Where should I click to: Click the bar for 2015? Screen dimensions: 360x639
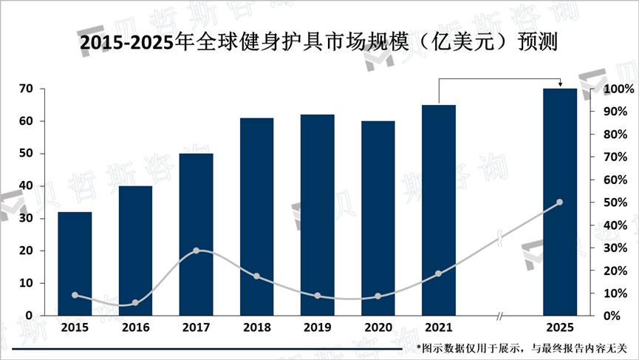[x=75, y=264]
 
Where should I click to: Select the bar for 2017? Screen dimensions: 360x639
[x=196, y=234]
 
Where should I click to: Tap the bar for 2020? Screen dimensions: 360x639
[x=378, y=218]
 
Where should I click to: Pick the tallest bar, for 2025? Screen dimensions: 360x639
[x=559, y=202]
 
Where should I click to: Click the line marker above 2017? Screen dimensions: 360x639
[x=196, y=251]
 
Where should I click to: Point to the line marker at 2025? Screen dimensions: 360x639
[x=559, y=202]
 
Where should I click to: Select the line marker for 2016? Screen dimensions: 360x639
[x=135, y=303]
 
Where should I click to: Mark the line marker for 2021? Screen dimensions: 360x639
[x=439, y=274]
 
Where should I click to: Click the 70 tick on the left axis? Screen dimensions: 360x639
[x=26, y=89]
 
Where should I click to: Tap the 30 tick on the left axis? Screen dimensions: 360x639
[x=26, y=219]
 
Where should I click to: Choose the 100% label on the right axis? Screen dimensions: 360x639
[x=618, y=89]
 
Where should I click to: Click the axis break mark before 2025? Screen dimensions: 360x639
[x=500, y=316]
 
